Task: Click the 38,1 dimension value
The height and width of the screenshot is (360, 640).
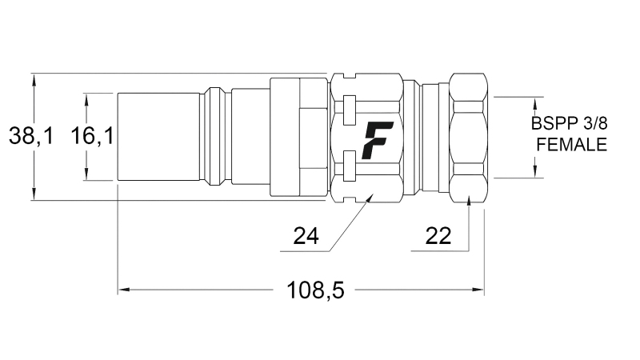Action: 31,137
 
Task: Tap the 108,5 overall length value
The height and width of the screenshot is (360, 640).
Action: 315,290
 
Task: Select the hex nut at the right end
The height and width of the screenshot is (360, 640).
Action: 469,137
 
